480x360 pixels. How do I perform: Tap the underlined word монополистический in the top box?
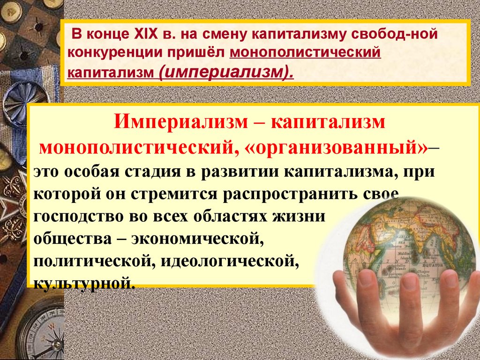[305, 52]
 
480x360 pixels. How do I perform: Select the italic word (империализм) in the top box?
[226, 72]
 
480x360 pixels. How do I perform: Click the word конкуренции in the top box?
[115, 53]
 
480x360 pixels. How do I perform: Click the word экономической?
[198, 239]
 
